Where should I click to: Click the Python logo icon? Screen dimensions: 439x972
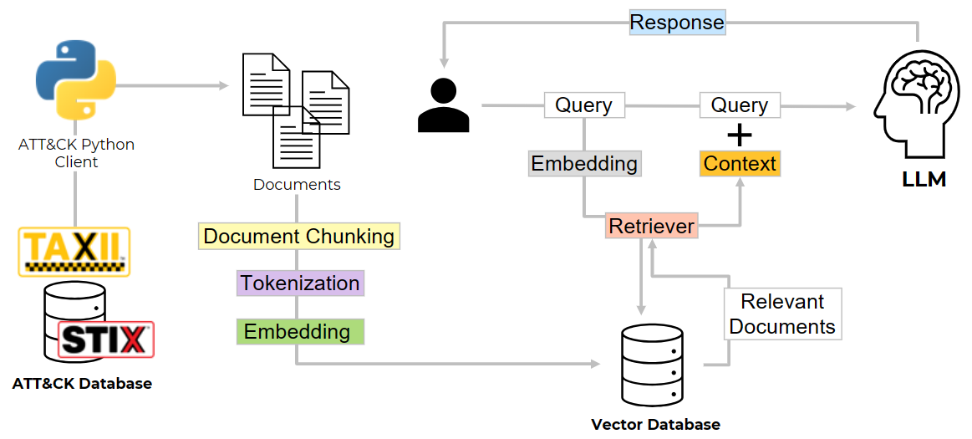pyautogui.click(x=76, y=80)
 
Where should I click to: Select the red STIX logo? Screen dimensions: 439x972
pyautogui.click(x=106, y=339)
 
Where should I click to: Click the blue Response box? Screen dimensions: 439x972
pyautogui.click(x=677, y=22)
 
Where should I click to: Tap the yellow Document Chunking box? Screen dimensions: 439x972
pyautogui.click(x=299, y=237)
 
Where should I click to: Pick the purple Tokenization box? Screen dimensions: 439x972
pyautogui.click(x=300, y=283)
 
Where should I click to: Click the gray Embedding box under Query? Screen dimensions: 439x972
pyautogui.click(x=584, y=163)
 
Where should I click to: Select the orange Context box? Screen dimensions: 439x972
pyautogui.click(x=740, y=163)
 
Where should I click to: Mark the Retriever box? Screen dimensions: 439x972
pyautogui.click(x=651, y=226)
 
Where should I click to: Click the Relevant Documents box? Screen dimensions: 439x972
pyautogui.click(x=782, y=314)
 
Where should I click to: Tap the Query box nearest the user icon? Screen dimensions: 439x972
pyautogui.click(x=584, y=105)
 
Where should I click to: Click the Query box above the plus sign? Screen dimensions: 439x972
pyautogui.click(x=740, y=105)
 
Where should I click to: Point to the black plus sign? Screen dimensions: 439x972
pyautogui.click(x=740, y=135)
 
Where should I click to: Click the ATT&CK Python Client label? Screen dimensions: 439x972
pyautogui.click(x=76, y=153)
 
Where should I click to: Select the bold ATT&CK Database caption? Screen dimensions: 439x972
pyautogui.click(x=82, y=384)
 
